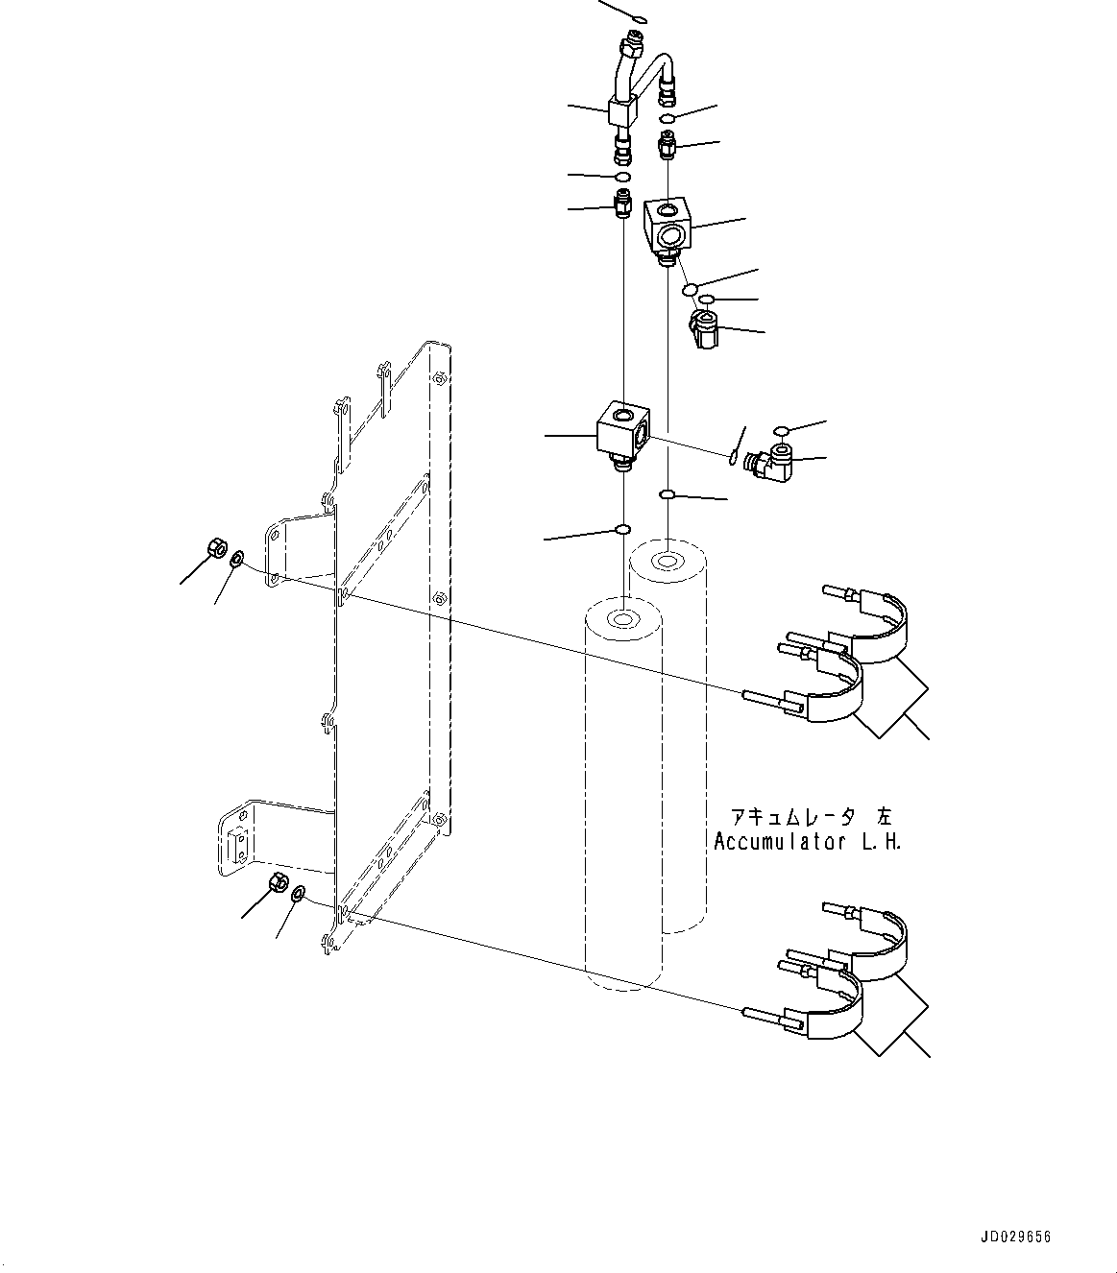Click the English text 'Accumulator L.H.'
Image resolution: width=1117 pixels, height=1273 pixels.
[x=807, y=842]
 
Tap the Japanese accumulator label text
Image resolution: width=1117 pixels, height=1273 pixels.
[x=811, y=817]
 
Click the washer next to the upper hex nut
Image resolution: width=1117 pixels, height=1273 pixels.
[x=237, y=557]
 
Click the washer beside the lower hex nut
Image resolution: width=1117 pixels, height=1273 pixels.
[x=298, y=893]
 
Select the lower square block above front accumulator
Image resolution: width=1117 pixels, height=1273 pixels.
[x=622, y=431]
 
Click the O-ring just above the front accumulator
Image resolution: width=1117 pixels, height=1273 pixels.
[x=622, y=529]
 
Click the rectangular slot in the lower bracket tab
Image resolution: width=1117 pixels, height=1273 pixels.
[x=237, y=846]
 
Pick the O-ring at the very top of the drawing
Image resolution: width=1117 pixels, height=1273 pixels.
[x=640, y=17]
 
